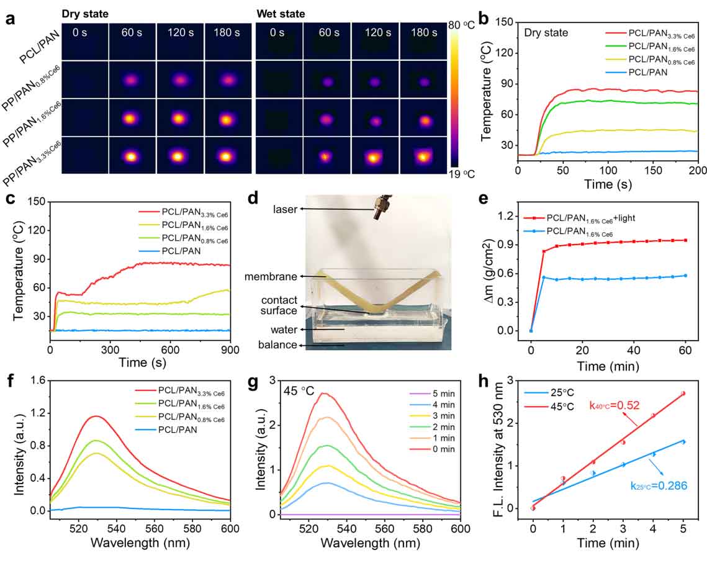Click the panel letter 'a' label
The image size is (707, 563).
click(x=10, y=18)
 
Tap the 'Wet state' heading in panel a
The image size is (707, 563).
click(x=281, y=14)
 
